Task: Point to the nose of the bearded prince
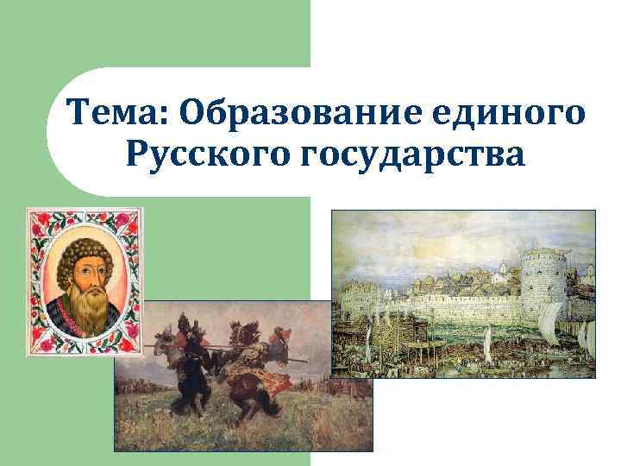click(87, 274)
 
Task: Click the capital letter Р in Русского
click(139, 158)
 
